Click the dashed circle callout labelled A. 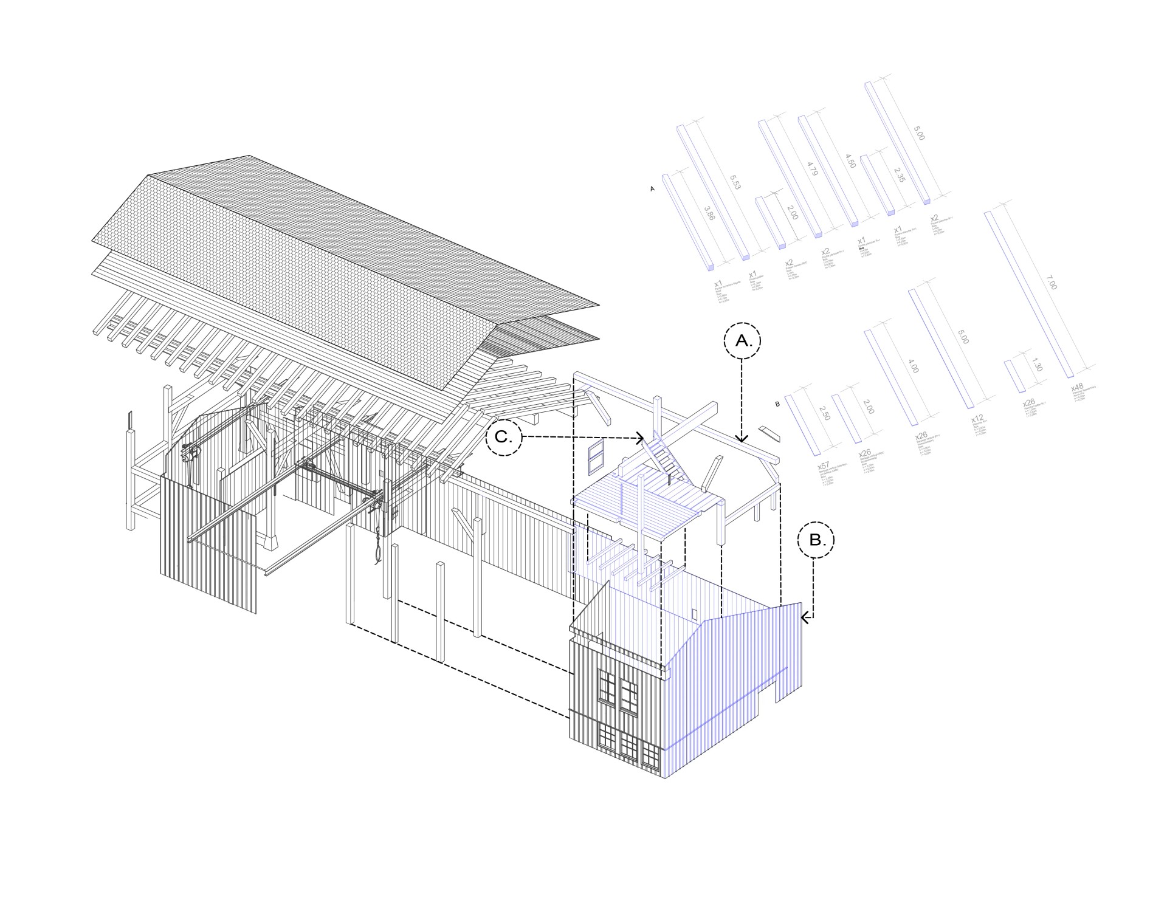click(742, 342)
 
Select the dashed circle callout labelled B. click(816, 539)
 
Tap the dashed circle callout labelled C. click(504, 436)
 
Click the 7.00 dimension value click(1052, 283)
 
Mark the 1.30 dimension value click(1036, 365)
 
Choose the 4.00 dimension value click(913, 365)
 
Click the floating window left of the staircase click(596, 456)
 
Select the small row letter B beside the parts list click(777, 404)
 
